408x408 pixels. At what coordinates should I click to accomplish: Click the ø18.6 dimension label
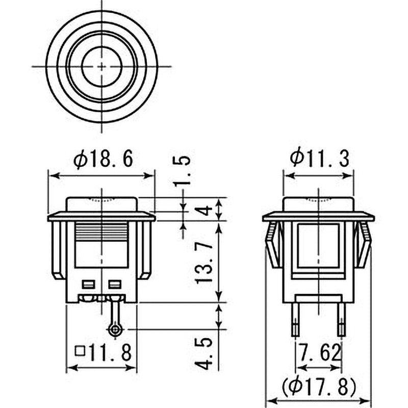coord(103,160)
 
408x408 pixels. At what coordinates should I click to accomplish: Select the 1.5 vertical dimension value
coord(185,170)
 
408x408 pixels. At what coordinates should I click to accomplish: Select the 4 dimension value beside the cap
coord(205,209)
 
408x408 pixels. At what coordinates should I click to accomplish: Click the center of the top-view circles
coord(102,66)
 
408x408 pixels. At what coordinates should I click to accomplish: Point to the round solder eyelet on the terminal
coord(115,330)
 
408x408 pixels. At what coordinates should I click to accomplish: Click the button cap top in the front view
coord(102,203)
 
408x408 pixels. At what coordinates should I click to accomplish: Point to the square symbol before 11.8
coord(80,351)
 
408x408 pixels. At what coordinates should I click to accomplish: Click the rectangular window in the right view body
coord(318,246)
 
